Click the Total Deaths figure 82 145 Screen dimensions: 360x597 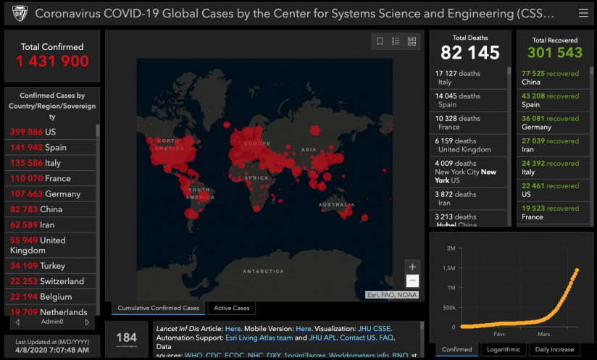tap(470, 53)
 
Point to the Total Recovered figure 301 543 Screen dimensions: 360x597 tap(554, 53)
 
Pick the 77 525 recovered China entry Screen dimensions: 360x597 tap(551, 78)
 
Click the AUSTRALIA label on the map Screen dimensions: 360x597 tap(336, 206)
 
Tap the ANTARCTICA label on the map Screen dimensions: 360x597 tap(263, 272)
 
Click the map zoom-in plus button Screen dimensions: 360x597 tap(412, 267)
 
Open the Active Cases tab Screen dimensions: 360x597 tap(231, 309)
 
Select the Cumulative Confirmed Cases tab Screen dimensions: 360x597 tap(158, 309)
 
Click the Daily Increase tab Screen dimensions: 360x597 tap(554, 350)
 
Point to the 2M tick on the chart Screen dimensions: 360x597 tap(451, 248)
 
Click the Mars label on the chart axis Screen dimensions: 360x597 tap(543, 334)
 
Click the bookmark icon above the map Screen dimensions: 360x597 tap(380, 41)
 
